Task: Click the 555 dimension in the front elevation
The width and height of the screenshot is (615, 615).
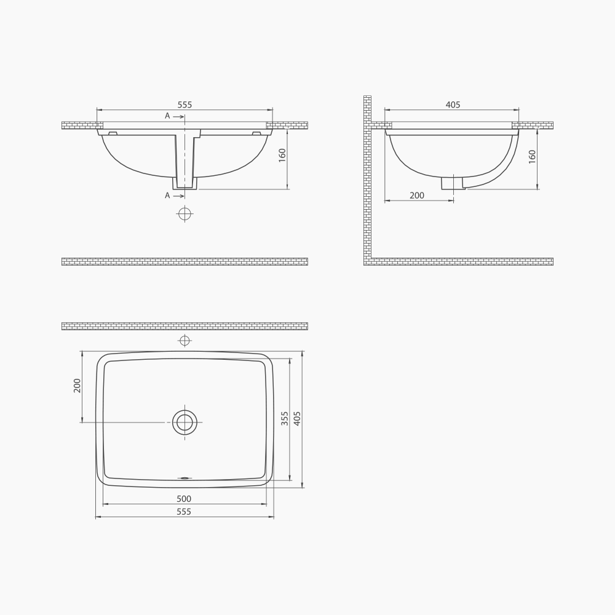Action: pyautogui.click(x=184, y=105)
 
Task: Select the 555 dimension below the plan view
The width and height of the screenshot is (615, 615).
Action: pyautogui.click(x=184, y=512)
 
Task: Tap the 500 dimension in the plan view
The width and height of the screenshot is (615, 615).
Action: pyautogui.click(x=184, y=499)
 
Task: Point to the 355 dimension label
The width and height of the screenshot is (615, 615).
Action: pyautogui.click(x=285, y=419)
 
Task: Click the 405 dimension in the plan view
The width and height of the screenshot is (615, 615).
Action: pyautogui.click(x=298, y=419)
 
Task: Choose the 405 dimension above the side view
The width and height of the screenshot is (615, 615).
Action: pyautogui.click(x=453, y=105)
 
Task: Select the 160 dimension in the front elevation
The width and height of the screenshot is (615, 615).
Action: pyautogui.click(x=282, y=155)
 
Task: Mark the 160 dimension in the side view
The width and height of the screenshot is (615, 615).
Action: pyautogui.click(x=532, y=156)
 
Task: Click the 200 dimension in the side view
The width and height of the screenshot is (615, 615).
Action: pyautogui.click(x=417, y=196)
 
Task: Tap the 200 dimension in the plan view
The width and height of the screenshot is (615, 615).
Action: pyautogui.click(x=77, y=386)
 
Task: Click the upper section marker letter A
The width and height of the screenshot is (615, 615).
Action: pyautogui.click(x=167, y=116)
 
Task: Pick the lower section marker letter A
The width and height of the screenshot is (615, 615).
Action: pyautogui.click(x=167, y=196)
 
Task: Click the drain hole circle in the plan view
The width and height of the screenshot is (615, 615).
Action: pyautogui.click(x=184, y=423)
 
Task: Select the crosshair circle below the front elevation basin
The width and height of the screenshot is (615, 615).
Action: pyautogui.click(x=184, y=213)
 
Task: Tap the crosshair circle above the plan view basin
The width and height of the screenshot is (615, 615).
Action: pyautogui.click(x=184, y=341)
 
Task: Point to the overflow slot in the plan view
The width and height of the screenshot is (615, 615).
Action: pyautogui.click(x=184, y=477)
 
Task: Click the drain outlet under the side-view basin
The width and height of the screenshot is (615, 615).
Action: pyautogui.click(x=453, y=183)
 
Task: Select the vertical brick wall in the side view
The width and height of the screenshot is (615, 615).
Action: pyautogui.click(x=367, y=178)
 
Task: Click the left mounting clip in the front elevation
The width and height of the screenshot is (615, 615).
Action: pyautogui.click(x=113, y=133)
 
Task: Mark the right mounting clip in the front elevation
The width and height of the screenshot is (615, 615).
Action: pyautogui.click(x=256, y=133)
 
